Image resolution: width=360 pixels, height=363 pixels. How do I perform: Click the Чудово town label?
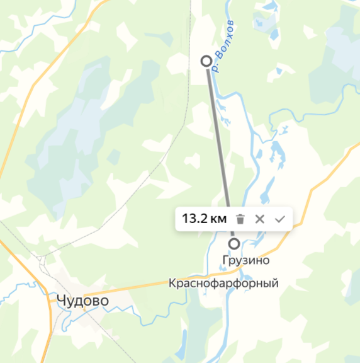(x=82, y=301)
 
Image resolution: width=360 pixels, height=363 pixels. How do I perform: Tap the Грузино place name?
(x=245, y=260)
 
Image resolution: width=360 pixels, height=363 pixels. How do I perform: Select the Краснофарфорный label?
(x=223, y=284)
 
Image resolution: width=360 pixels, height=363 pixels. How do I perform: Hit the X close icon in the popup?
(x=259, y=219)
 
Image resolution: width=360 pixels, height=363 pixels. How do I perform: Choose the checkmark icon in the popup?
(x=280, y=219)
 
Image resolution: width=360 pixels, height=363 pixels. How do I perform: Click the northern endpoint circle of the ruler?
(x=205, y=60)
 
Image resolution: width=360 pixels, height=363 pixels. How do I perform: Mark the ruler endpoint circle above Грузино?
(x=234, y=243)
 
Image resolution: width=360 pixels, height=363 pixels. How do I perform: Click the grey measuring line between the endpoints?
(x=217, y=139)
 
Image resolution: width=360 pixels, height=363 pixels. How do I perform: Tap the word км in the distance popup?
(x=218, y=219)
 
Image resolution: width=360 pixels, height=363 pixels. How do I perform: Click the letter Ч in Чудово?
(x=61, y=301)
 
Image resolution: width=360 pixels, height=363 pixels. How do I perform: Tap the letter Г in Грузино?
(x=225, y=260)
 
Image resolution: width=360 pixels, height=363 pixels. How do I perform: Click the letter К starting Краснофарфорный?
(x=172, y=284)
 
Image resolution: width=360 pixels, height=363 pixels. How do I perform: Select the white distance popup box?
(x=233, y=219)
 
